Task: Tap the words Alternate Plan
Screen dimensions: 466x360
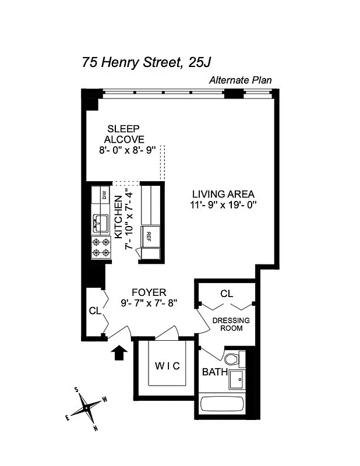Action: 241,81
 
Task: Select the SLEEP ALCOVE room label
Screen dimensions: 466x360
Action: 124,134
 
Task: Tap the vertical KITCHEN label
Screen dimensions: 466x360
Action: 118,216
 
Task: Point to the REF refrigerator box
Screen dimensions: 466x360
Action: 149,236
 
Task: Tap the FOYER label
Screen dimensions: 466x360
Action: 149,292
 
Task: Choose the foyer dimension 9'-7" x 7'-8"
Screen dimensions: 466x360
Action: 149,303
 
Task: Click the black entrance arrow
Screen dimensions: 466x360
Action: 119,352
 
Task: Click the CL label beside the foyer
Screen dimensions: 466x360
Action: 94,312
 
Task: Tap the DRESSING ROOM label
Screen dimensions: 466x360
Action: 231,324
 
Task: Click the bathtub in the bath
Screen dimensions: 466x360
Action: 222,405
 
